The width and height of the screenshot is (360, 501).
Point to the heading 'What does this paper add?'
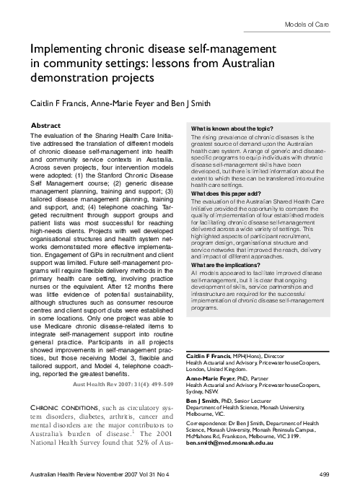(x=224, y=193)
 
